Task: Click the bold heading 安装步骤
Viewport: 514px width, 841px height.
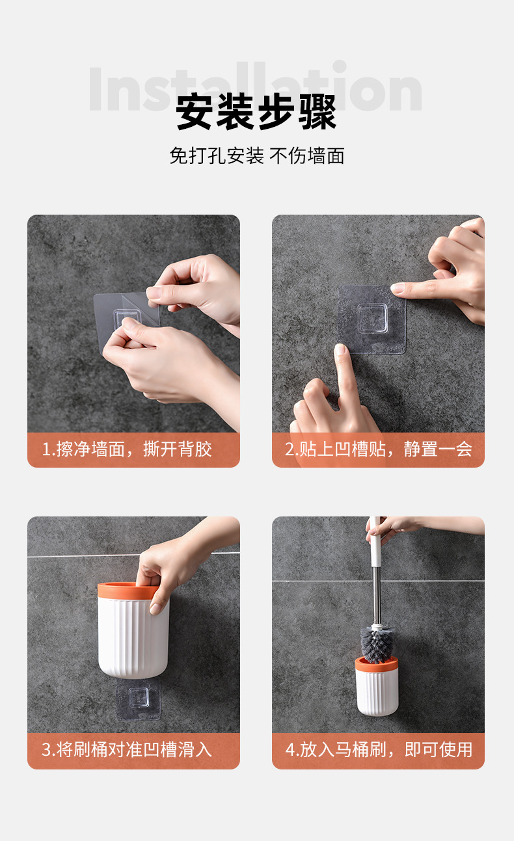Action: tap(256, 112)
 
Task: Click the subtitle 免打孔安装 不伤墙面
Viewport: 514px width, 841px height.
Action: tap(257, 156)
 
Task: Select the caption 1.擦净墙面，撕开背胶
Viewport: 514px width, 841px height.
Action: tap(127, 449)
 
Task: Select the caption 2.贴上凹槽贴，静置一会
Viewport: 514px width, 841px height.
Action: tap(379, 449)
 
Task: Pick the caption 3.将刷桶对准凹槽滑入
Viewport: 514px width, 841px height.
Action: tap(127, 749)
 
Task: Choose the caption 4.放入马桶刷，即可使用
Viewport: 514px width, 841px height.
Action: tap(379, 749)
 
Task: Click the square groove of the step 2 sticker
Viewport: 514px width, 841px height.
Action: tap(372, 319)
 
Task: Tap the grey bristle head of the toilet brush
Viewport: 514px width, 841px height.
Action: tap(377, 645)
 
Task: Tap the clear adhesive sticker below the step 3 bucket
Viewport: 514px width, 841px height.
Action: tap(139, 699)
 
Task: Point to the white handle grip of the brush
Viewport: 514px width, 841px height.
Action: tap(375, 542)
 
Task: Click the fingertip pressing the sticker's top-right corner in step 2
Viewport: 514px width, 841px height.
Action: tap(398, 288)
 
